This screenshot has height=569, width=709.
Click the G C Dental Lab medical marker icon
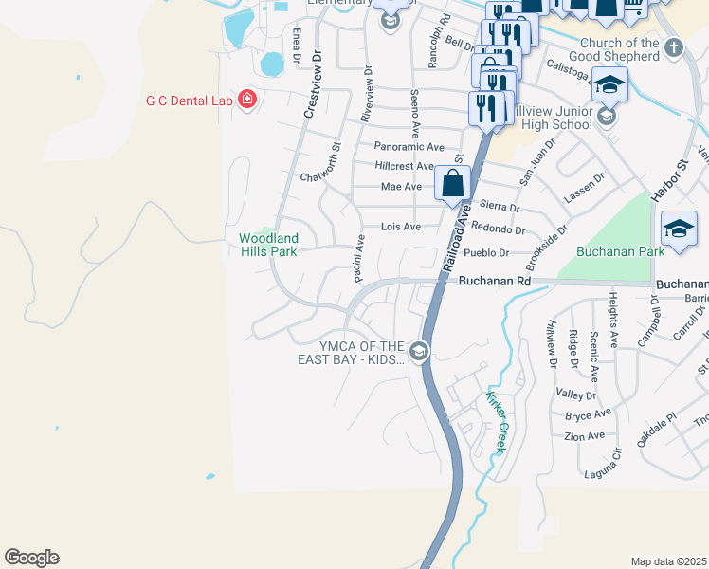coord(247,100)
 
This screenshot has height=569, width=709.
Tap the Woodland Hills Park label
coord(268,245)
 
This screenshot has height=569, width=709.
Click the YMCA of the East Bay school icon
coord(419,353)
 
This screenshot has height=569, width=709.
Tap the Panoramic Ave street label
coord(409,147)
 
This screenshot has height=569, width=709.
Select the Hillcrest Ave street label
coord(409,166)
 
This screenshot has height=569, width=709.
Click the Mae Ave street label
coord(401,187)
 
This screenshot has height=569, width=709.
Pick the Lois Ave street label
coord(400,227)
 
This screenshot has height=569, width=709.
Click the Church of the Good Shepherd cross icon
coord(673,47)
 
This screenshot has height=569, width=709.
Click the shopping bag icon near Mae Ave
coord(453,183)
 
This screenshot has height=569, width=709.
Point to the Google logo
coord(31,558)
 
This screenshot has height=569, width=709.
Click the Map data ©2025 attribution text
coord(668,561)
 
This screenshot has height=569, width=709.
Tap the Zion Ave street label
coord(584,436)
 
